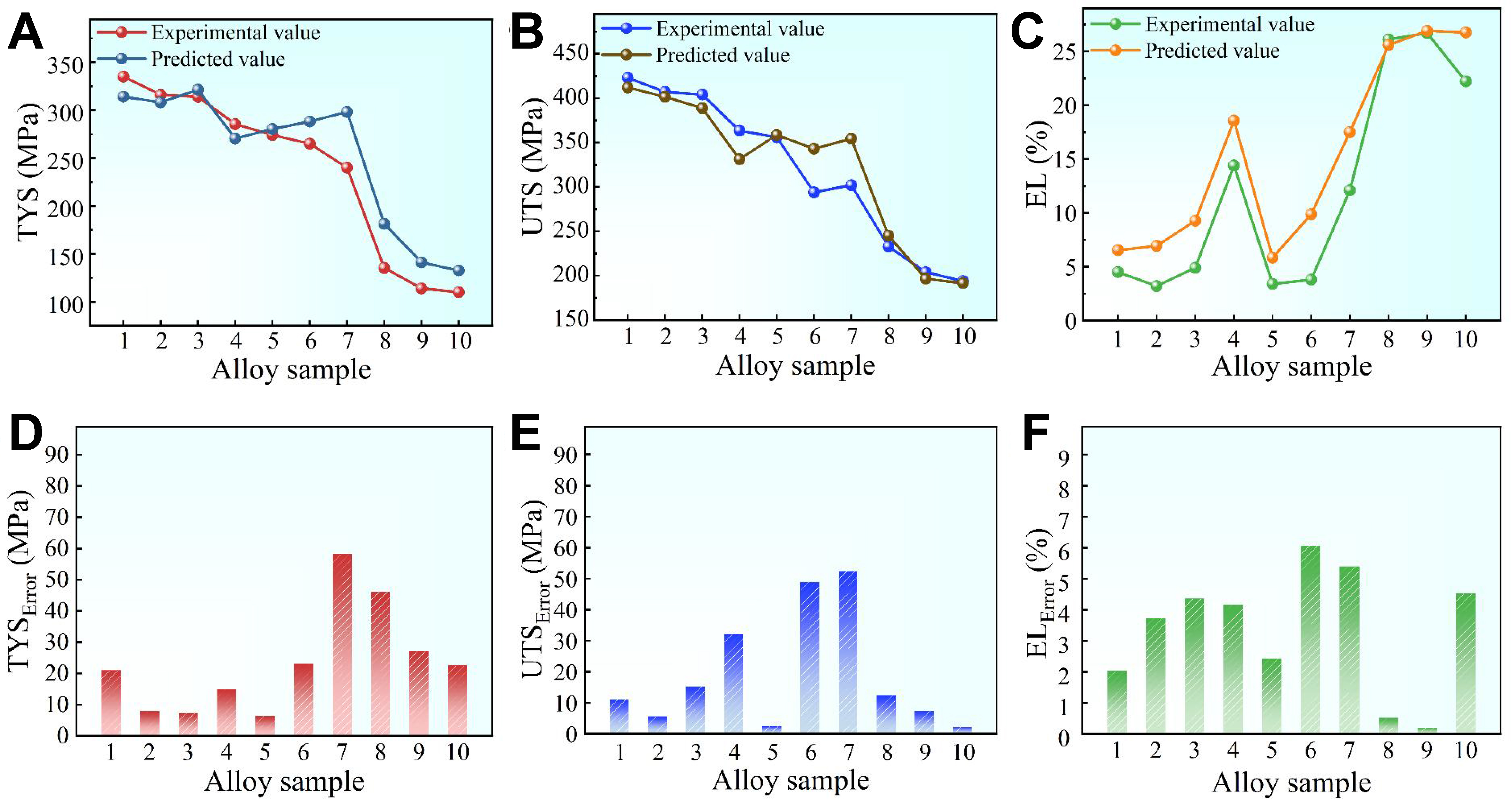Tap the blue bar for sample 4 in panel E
pyautogui.click(x=733, y=683)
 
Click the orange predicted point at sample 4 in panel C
pyautogui.click(x=1234, y=120)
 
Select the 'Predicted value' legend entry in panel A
pyautogui.click(x=218, y=58)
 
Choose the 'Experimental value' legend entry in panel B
pyautogui.click(x=740, y=28)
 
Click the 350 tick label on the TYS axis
pyautogui.click(x=65, y=64)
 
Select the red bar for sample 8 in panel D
pyautogui.click(x=380, y=663)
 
